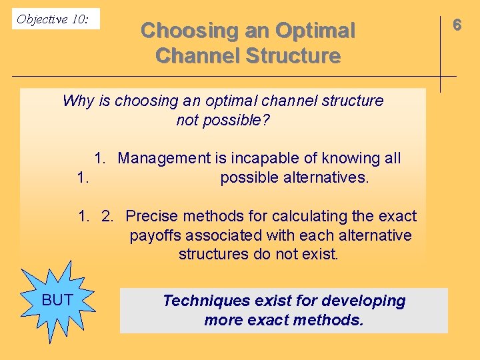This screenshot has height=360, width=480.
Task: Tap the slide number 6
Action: coord(457,25)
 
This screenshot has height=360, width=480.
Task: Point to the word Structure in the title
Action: coord(294,56)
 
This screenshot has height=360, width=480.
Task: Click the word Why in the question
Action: coord(78,101)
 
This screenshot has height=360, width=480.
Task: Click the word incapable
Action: coord(257,158)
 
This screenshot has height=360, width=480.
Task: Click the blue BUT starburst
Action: coord(57,301)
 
